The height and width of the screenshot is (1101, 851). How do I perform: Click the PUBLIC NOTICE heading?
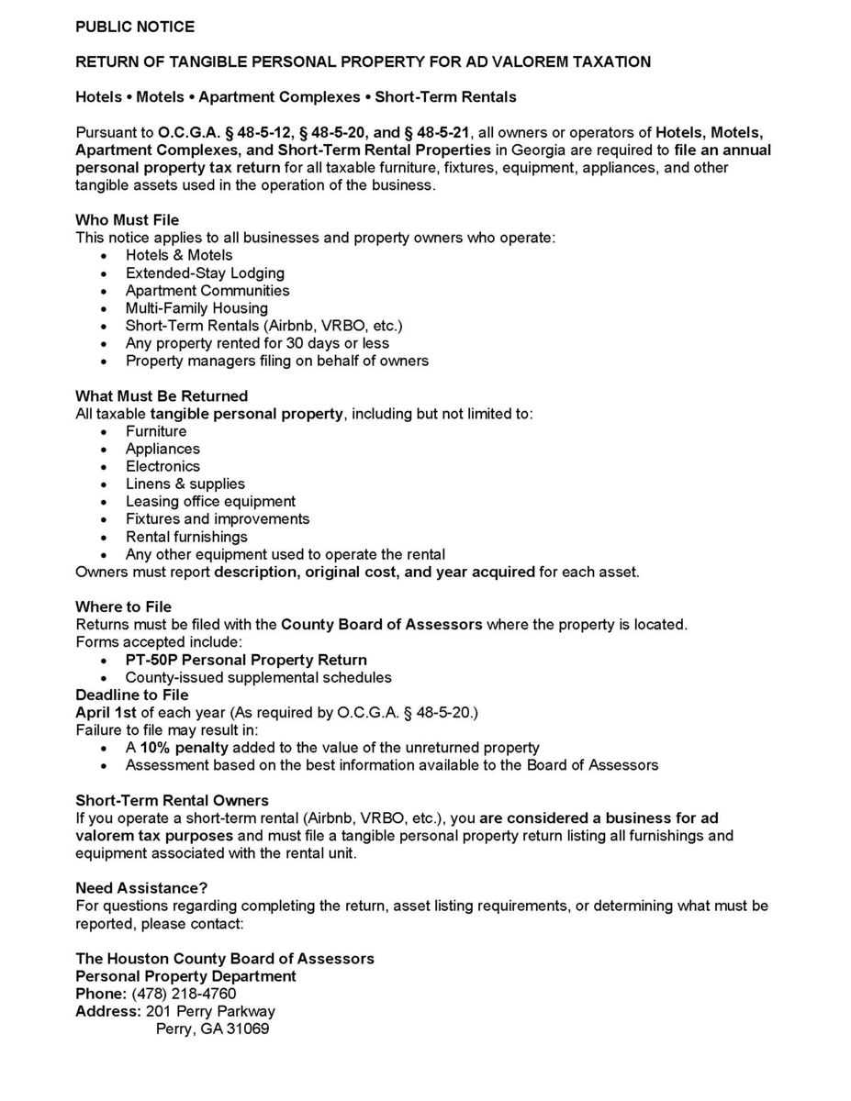point(135,27)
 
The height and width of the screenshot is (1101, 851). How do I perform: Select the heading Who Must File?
point(127,220)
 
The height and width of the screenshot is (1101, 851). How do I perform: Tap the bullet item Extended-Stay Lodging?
point(205,273)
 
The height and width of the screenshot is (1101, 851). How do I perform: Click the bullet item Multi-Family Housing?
point(196,308)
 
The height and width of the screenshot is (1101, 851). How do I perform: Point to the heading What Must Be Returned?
point(162,396)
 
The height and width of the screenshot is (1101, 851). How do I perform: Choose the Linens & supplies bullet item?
point(185,484)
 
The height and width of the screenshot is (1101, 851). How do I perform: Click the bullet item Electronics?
point(162,467)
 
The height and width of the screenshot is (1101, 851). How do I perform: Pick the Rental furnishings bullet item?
point(186,538)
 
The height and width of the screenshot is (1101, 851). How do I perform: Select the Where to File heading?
point(123,607)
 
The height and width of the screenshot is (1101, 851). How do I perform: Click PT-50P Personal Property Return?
point(246,661)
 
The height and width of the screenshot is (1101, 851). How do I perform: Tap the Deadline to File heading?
point(132,695)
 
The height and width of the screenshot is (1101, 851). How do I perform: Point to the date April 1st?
point(106,713)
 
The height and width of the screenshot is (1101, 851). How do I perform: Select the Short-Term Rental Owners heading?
point(172,801)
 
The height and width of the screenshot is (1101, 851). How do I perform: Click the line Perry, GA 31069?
point(212,1029)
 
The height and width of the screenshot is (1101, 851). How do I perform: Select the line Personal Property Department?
point(185,977)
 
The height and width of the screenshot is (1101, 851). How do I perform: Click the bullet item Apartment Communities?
point(207,291)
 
